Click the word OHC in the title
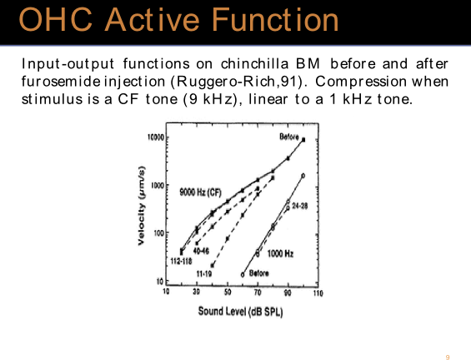tap(56, 20)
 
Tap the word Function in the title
tap(275, 20)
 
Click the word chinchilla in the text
tap(254, 63)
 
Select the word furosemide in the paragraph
tap(59, 81)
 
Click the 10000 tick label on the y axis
tap(156, 137)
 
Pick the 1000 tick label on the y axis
tap(158, 185)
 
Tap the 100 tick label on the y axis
tap(159, 232)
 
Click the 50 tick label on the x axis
tap(228, 292)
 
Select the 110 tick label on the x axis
tap(318, 292)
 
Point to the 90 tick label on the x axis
tap(288, 292)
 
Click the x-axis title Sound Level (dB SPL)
tap(240, 312)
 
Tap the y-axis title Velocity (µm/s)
tap(141, 205)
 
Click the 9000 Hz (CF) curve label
tap(200, 192)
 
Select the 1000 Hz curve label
tap(280, 253)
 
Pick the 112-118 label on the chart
tap(181, 261)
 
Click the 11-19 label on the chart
tap(204, 273)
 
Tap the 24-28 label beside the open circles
tap(300, 206)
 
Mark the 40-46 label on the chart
tap(201, 251)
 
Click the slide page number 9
tap(448, 357)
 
